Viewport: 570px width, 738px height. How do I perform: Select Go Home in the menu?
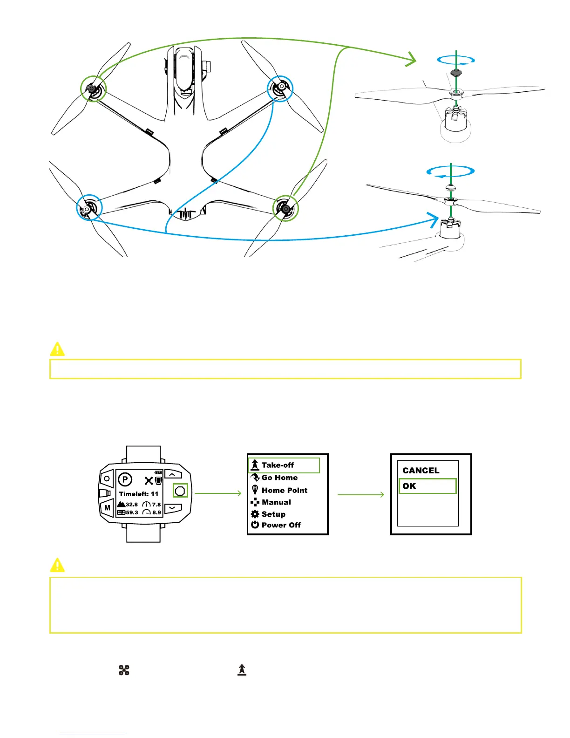coord(279,478)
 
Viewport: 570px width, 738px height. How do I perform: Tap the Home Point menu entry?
coord(284,490)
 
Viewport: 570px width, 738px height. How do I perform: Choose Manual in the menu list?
coord(276,502)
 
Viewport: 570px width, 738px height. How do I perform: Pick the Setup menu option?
coord(273,514)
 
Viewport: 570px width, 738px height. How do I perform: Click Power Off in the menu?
coord(280,525)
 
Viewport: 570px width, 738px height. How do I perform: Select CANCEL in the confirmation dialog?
coord(421,471)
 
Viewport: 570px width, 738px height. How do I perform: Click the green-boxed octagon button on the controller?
coord(180,491)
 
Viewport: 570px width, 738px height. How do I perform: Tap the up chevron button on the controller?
coord(172,475)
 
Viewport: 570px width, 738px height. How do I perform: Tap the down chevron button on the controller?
coord(172,507)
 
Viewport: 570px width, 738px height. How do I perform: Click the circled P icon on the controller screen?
coord(125,479)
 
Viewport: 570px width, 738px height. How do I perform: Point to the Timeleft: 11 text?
coord(139,494)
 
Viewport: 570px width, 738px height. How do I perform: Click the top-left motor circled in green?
coord(93,89)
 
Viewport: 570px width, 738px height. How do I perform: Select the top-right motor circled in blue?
coord(281,88)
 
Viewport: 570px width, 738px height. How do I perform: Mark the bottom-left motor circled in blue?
coord(88,208)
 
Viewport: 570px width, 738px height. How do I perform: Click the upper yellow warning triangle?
coord(57,349)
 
